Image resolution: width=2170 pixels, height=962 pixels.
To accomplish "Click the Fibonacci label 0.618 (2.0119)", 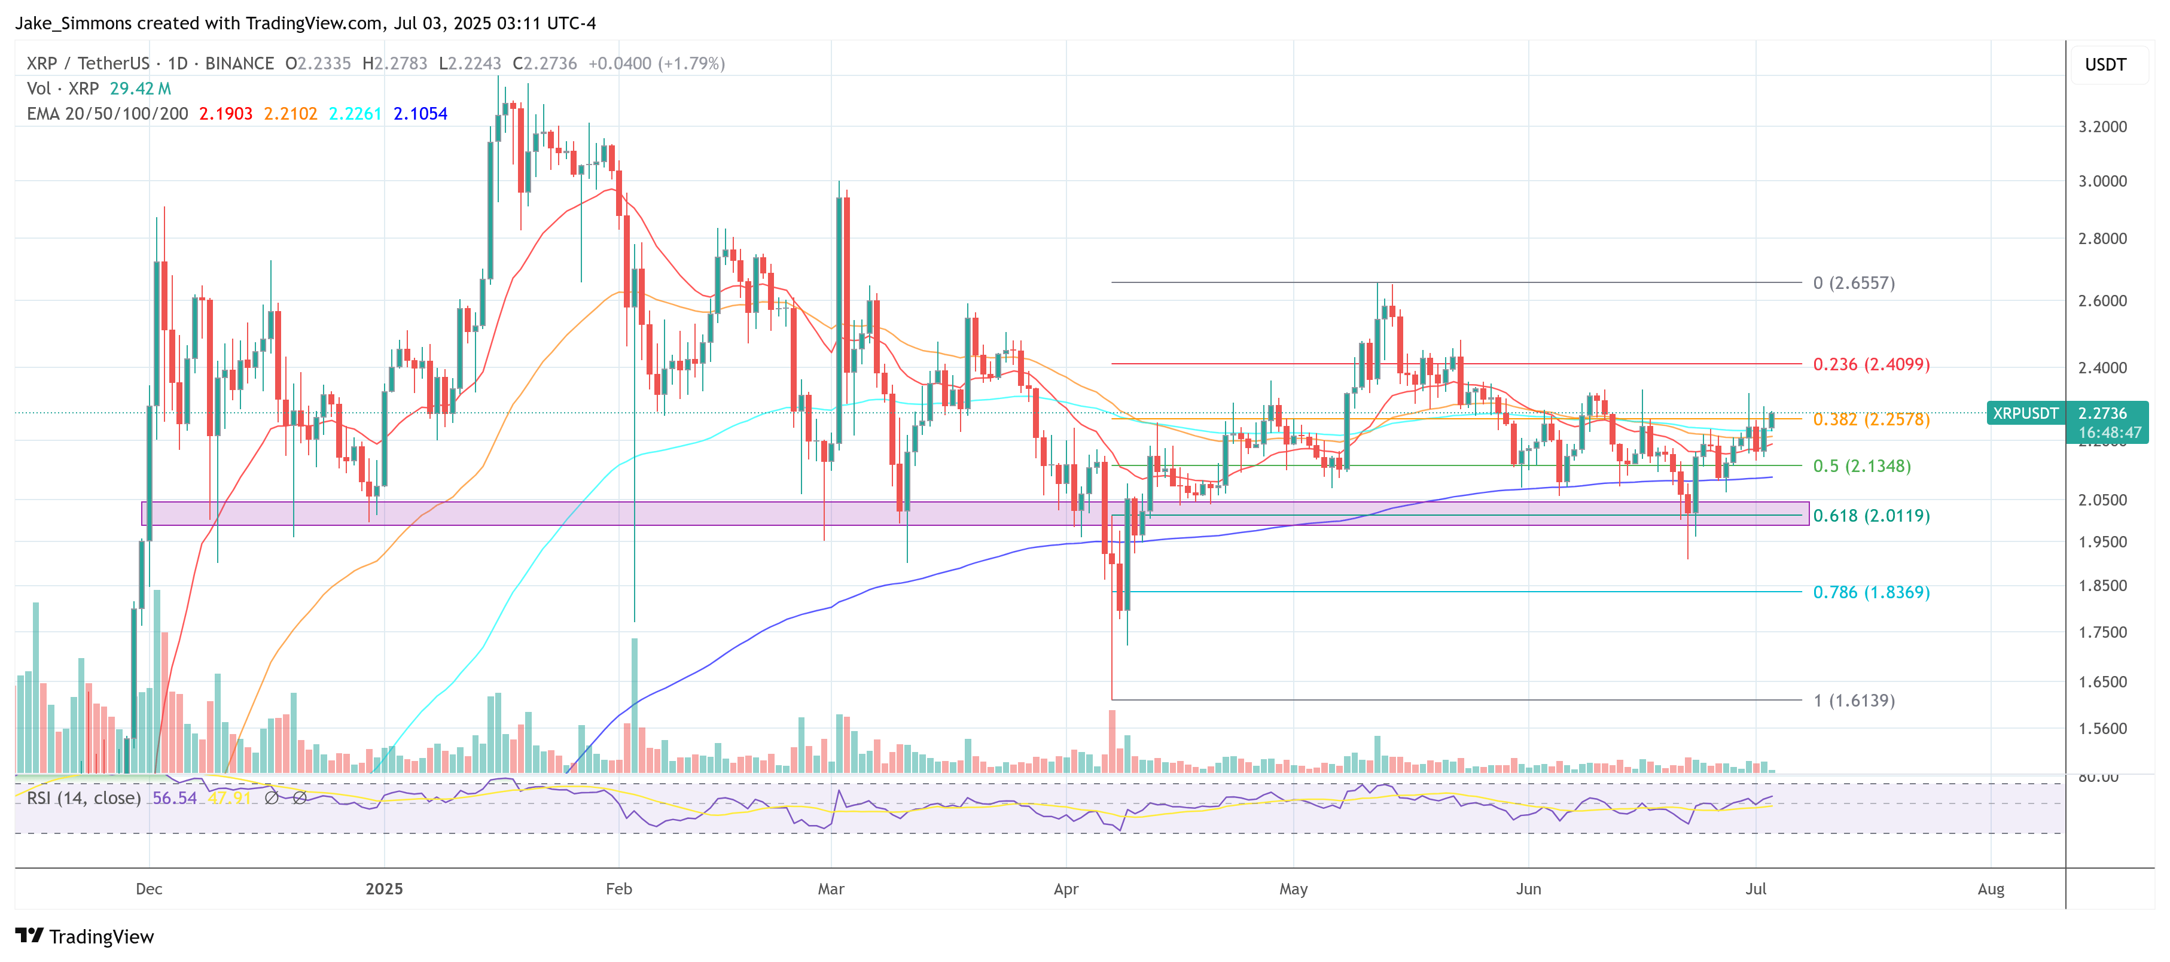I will coord(1870,516).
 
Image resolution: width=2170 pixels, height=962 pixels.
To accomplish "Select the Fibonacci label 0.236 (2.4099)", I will coord(1870,364).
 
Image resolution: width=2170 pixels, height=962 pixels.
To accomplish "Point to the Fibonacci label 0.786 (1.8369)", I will coord(1870,592).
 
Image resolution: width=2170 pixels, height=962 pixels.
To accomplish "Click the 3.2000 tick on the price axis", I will coord(2102,126).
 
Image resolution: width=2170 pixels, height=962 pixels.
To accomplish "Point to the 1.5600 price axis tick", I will coord(2102,729).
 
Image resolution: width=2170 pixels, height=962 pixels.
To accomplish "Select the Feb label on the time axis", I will coord(618,888).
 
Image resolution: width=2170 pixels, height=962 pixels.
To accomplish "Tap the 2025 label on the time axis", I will coord(384,888).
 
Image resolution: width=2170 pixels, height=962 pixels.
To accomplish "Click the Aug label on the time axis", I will coord(1991,888).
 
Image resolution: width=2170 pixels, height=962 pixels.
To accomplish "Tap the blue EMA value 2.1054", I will coord(420,114).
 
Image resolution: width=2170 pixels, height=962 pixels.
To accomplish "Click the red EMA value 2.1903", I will coord(225,114).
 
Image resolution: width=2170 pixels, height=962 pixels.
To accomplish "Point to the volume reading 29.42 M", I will coord(140,89).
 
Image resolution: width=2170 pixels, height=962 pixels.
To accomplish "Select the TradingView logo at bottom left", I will coord(84,937).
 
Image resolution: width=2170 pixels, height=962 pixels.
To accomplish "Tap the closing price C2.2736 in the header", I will coord(544,63).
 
